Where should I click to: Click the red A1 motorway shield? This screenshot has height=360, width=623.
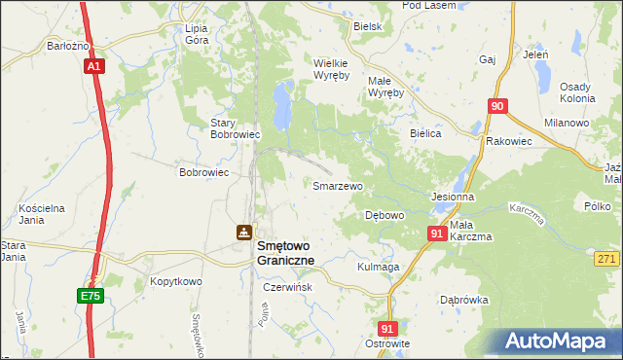[93, 66]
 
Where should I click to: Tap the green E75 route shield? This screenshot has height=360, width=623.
[90, 293]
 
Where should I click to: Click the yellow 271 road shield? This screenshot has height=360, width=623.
[606, 258]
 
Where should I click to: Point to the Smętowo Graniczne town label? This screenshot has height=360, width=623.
[298, 254]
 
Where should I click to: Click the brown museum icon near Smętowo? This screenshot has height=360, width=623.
[241, 233]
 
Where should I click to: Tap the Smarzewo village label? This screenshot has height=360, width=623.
[337, 185]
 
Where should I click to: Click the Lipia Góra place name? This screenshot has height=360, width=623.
[203, 34]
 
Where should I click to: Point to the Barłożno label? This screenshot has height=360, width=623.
[67, 45]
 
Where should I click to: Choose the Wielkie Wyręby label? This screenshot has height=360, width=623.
[338, 69]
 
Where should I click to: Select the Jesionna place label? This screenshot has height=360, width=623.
[452, 196]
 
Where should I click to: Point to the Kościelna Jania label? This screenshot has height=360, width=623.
[41, 214]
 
